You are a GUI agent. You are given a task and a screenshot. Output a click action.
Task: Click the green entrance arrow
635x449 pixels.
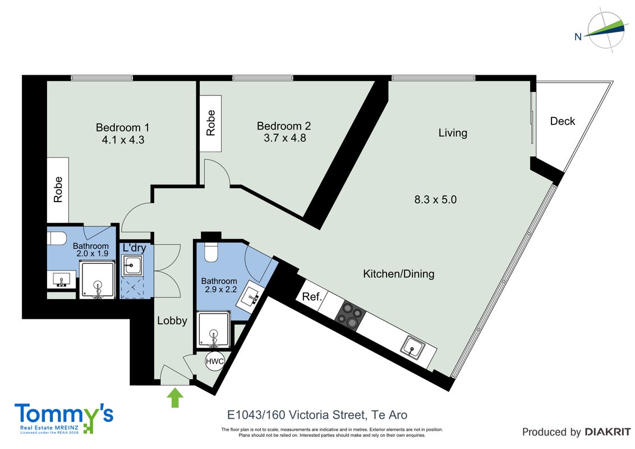tap(175, 397)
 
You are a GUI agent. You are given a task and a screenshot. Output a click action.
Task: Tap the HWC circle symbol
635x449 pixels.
tap(214, 361)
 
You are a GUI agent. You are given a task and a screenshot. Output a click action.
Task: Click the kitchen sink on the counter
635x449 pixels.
tap(413, 347)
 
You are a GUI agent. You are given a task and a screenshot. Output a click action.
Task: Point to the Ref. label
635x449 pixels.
tap(312, 297)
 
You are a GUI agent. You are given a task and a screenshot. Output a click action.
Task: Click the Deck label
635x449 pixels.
tap(563, 121)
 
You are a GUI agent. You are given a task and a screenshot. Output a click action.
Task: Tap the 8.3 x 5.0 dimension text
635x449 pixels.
tap(435, 199)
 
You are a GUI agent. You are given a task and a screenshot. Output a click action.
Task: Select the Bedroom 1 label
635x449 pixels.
tap(123, 127)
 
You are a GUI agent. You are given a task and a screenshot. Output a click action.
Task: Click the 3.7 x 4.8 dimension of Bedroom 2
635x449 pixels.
tap(285, 138)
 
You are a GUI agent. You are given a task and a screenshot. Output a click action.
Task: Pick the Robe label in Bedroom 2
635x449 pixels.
tap(210, 123)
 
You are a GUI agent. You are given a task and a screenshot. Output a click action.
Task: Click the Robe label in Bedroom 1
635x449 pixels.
tap(58, 189)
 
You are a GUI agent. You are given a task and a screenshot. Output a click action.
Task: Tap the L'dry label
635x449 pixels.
tap(135, 248)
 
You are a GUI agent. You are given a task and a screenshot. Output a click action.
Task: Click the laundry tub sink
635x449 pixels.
tap(132, 265)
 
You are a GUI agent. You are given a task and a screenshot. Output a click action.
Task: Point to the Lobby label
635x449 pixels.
tap(172, 320)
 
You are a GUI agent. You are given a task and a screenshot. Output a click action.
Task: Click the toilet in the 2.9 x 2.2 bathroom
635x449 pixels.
tap(211, 251)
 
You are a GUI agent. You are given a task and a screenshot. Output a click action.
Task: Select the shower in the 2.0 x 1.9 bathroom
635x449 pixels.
tap(97, 280)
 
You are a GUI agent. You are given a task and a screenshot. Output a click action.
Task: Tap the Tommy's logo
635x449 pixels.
tap(64, 418)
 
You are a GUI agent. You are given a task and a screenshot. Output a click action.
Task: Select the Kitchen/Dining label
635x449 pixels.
tap(398, 274)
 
